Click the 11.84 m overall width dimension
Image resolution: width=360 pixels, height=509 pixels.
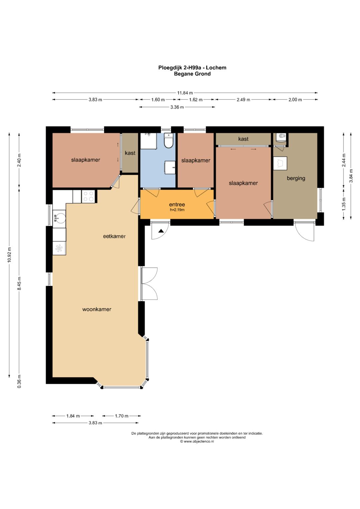(x=185, y=93)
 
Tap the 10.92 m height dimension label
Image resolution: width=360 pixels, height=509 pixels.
(x=9, y=254)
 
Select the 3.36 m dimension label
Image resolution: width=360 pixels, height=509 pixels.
(x=177, y=107)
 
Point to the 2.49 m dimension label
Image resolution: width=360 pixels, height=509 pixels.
(x=243, y=100)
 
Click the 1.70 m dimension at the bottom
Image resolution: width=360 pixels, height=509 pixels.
(x=121, y=416)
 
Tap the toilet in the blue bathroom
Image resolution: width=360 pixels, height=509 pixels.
(x=169, y=140)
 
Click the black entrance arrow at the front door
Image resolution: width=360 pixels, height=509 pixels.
(x=161, y=231)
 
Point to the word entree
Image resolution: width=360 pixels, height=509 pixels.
(x=177, y=205)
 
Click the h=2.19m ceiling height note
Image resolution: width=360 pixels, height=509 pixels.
(x=177, y=210)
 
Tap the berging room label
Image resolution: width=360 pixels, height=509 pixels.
(x=296, y=178)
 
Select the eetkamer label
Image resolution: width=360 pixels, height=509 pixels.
(x=114, y=236)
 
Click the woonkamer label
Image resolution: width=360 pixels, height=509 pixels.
(x=97, y=309)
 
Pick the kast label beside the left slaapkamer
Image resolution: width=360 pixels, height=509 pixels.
(x=130, y=153)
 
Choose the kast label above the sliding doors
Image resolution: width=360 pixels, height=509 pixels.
(x=243, y=139)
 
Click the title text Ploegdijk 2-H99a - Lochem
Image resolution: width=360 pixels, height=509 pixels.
(x=192, y=67)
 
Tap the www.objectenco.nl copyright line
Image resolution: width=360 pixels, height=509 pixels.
(x=197, y=442)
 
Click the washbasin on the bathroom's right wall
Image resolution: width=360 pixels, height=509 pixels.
(x=170, y=167)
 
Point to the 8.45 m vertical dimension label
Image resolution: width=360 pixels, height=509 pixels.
(x=19, y=283)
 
